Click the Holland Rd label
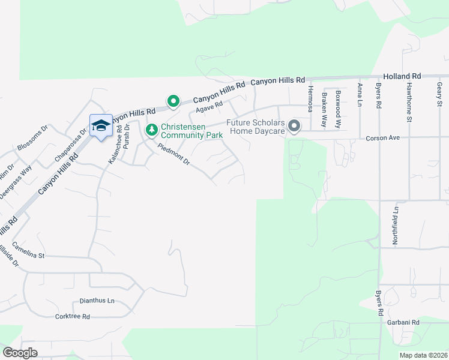coord(402,77)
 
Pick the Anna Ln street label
coord(359,94)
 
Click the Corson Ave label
coord(382,138)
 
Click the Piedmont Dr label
coord(174,154)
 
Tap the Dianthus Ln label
coord(97,301)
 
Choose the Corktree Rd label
coord(72,316)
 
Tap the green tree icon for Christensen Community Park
coord(152,130)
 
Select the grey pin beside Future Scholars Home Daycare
coord(294,126)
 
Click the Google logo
coord(20,353)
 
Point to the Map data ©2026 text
coord(423,355)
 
